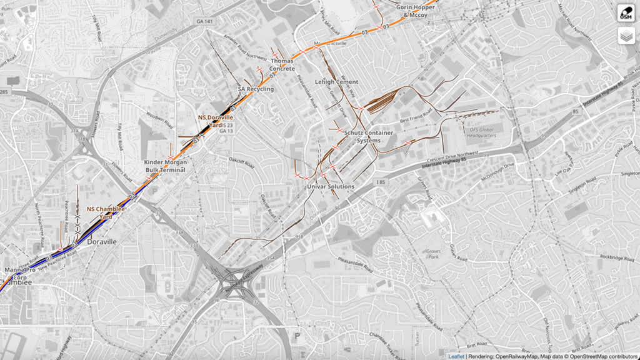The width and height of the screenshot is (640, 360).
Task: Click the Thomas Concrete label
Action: pos(282,64)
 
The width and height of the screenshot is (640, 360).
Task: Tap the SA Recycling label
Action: pos(256,89)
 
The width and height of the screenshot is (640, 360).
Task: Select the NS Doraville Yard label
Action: pos(216,121)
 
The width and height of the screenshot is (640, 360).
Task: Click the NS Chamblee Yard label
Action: pos(106,212)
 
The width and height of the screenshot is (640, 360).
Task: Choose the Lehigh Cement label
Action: pos(336,82)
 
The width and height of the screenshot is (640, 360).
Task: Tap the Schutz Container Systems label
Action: pos(368,137)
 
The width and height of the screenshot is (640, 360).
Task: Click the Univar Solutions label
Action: pos(331,186)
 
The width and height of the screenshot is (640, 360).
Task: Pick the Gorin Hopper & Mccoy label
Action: pos(416,11)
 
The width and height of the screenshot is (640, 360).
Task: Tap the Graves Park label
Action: pos(434,254)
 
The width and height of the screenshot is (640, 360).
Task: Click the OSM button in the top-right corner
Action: pos(626,13)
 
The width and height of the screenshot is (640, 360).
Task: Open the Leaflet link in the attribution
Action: pos(456,356)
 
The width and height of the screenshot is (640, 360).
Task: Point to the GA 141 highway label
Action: pos(204,21)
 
